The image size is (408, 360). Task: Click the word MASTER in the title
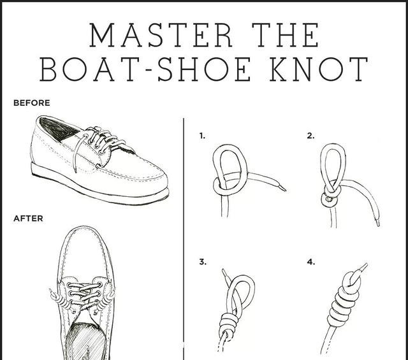pyautogui.click(x=161, y=35)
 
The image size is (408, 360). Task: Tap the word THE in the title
pyautogui.click(x=286, y=35)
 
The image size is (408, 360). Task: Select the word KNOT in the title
pyautogui.click(x=319, y=69)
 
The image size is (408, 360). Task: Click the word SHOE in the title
pyautogui.click(x=204, y=69)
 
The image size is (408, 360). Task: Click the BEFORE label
pyautogui.click(x=31, y=103)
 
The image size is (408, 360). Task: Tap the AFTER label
pyautogui.click(x=28, y=219)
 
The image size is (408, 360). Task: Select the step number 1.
pyautogui.click(x=202, y=136)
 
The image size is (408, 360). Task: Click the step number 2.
pyautogui.click(x=310, y=136)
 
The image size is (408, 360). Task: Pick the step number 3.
pyautogui.click(x=203, y=262)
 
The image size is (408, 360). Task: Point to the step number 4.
pyautogui.click(x=310, y=262)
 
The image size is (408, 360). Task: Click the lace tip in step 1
pyautogui.click(x=283, y=188)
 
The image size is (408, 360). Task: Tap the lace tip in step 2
pyautogui.click(x=377, y=223)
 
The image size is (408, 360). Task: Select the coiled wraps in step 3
pyautogui.click(x=228, y=324)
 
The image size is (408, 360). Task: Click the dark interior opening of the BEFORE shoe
pyautogui.click(x=59, y=127)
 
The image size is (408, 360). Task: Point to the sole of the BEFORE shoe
pyautogui.click(x=99, y=185)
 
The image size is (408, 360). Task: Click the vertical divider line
pyautogui.click(x=184, y=239)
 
